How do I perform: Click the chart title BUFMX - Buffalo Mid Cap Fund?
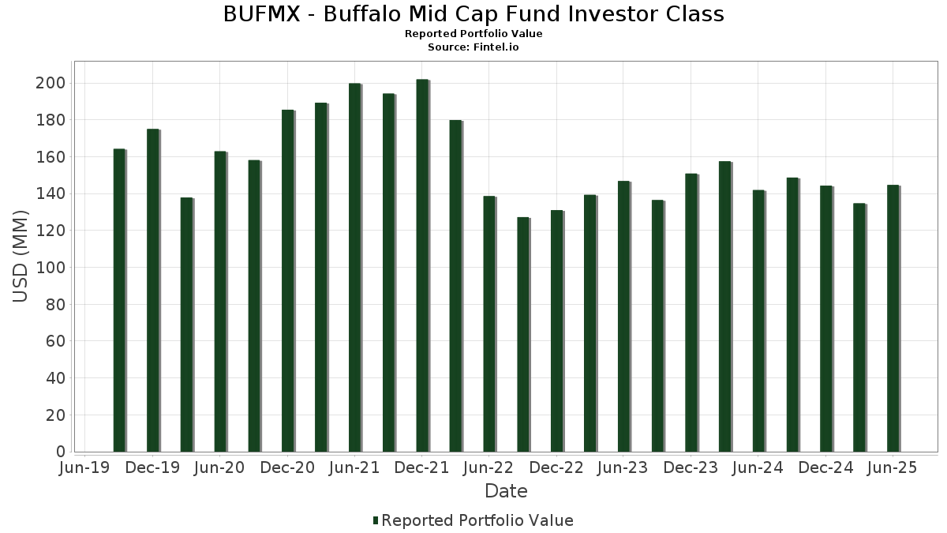point(473,14)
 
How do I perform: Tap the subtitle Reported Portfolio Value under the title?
point(473,34)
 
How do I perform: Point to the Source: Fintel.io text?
point(473,47)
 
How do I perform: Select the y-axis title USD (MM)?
point(21,256)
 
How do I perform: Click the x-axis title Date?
point(506,491)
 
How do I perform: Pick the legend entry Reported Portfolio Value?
point(477,520)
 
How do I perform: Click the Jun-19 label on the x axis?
point(85,468)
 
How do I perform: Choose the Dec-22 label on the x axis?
point(556,468)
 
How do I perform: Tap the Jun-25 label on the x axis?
point(893,468)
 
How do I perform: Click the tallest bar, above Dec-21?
point(422,265)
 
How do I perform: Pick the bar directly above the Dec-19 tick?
point(153,291)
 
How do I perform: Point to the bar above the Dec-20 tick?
point(288,281)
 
